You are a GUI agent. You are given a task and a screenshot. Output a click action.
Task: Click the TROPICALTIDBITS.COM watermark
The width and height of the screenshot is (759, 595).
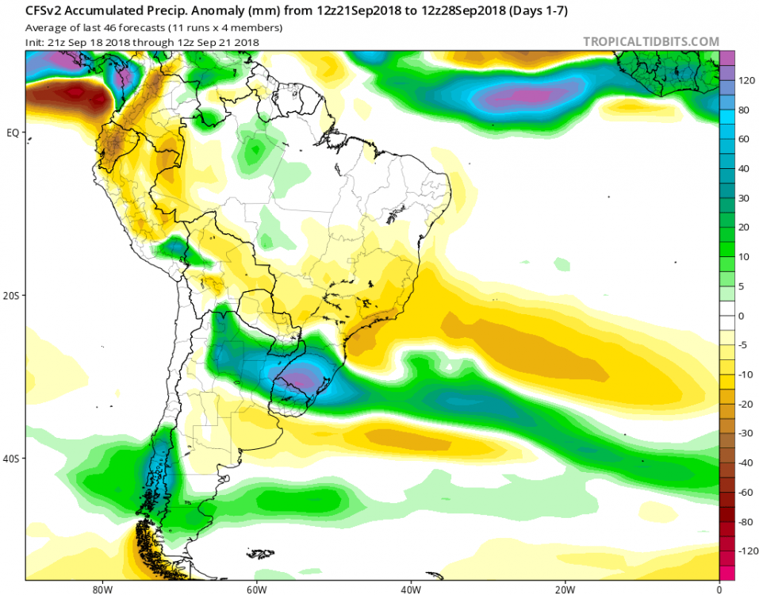click(x=651, y=41)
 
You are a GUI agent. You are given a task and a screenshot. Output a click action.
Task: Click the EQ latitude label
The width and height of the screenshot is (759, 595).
click(x=12, y=132)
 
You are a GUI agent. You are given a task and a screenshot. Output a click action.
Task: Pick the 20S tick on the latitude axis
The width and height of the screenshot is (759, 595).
click(x=11, y=295)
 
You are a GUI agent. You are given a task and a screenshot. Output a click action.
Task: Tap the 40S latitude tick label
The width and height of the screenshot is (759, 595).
click(x=11, y=459)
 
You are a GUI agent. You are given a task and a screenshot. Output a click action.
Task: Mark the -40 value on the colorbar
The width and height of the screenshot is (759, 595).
click(x=746, y=463)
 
